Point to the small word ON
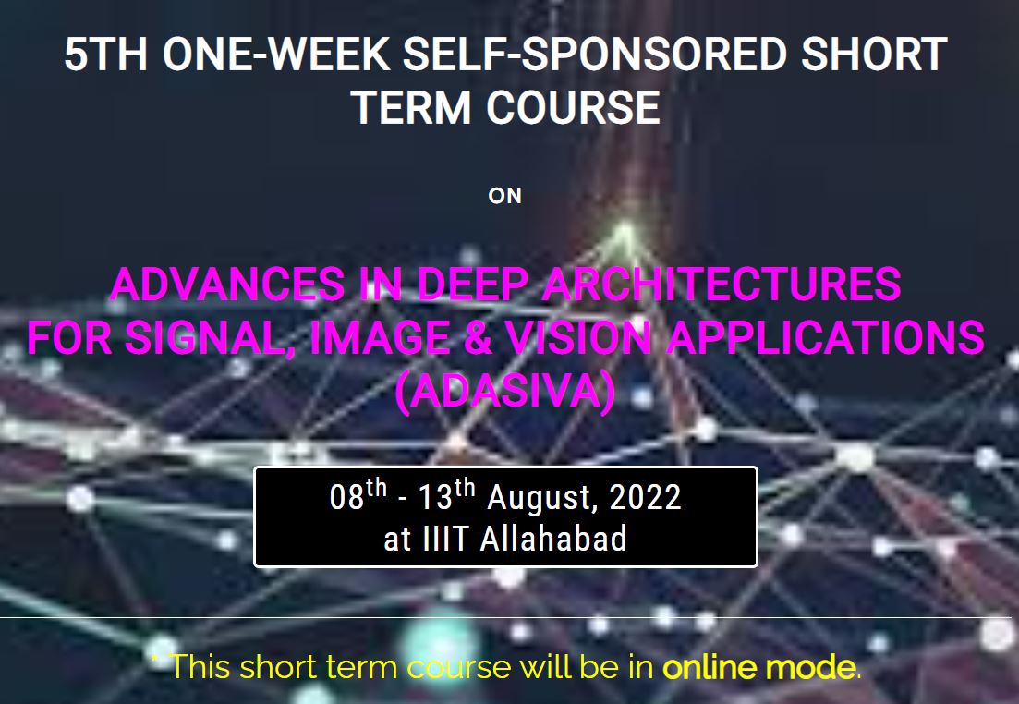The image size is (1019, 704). pyautogui.click(x=505, y=196)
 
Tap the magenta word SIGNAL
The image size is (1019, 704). pyautogui.click(x=220, y=338)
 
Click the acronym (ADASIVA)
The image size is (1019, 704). pyautogui.click(x=504, y=392)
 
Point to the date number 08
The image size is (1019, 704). pyautogui.click(x=347, y=499)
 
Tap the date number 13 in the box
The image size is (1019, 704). pyautogui.click(x=436, y=499)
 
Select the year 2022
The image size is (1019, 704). pyautogui.click(x=645, y=499)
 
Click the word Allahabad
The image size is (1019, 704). pyautogui.click(x=553, y=539)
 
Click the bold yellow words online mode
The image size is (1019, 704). pyautogui.click(x=758, y=666)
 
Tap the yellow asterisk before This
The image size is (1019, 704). pyautogui.click(x=155, y=660)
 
